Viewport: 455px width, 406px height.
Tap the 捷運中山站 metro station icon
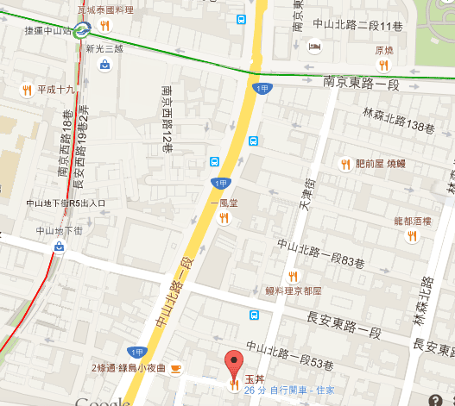pos(81,31)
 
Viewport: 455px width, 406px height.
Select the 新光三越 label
pos(104,49)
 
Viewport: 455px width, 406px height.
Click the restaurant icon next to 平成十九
pos(27,89)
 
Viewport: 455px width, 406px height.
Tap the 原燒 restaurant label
pos(383,50)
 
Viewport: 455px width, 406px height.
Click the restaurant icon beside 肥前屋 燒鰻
pos(344,163)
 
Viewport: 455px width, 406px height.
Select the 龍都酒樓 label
pos(411,221)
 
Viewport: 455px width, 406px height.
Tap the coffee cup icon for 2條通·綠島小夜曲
pos(176,368)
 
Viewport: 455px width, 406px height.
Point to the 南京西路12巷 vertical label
pos(167,119)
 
